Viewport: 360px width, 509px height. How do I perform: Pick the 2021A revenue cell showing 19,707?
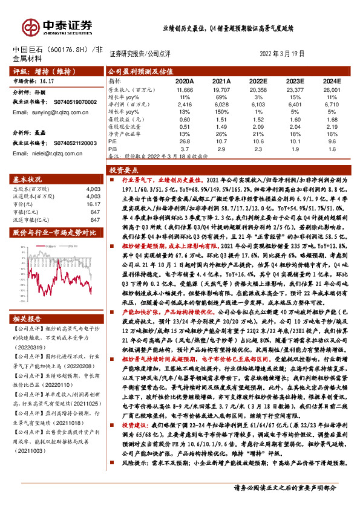coord(221,89)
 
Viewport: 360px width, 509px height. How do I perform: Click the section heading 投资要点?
coord(124,171)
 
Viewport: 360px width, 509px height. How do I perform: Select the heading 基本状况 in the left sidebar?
coord(28,180)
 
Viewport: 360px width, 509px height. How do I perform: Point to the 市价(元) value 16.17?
coord(93,204)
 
